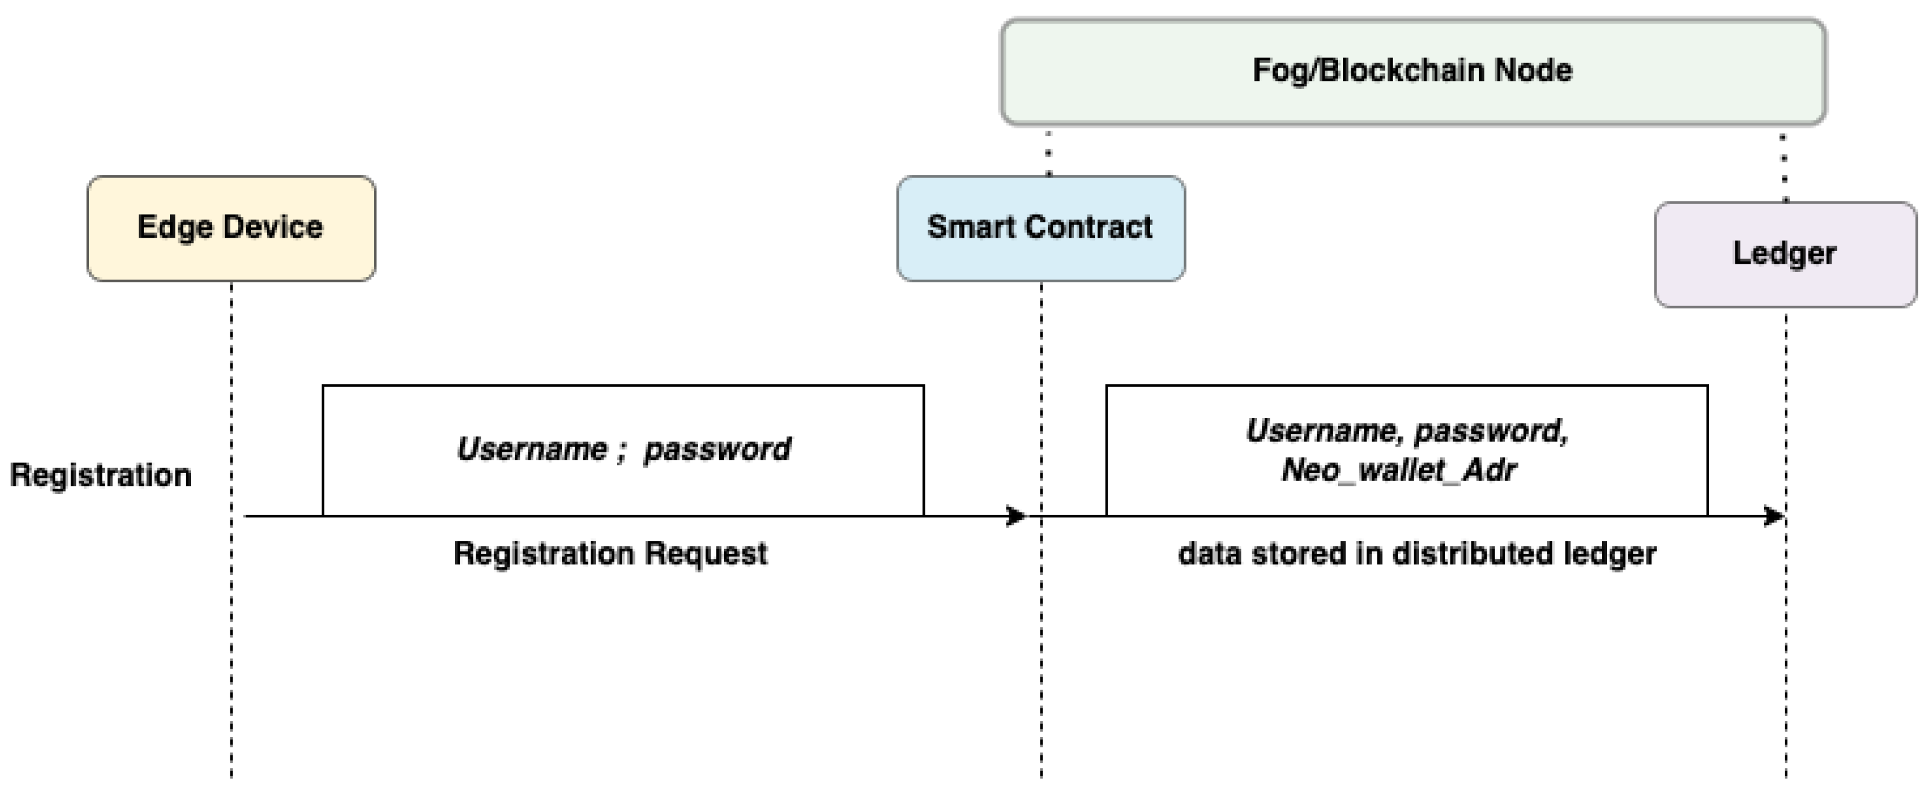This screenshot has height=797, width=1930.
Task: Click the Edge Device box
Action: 231,228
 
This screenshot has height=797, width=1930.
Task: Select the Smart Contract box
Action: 1041,228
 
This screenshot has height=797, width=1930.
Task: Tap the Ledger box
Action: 1785,254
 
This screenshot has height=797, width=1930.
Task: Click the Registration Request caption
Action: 610,554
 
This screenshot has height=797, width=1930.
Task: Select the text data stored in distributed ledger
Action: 1417,554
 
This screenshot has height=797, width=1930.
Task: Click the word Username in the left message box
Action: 532,449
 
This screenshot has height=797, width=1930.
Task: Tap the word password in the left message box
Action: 717,449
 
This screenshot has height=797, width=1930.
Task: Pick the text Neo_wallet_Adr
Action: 1399,470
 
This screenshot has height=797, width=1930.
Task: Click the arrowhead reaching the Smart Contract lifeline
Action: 1016,516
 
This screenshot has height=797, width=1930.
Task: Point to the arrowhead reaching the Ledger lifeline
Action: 1774,516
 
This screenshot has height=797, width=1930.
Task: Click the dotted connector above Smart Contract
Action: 1049,153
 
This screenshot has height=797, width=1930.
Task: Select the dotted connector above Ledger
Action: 1784,168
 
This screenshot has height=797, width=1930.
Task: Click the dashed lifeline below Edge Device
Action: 231,637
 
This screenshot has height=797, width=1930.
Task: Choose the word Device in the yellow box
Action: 272,227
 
